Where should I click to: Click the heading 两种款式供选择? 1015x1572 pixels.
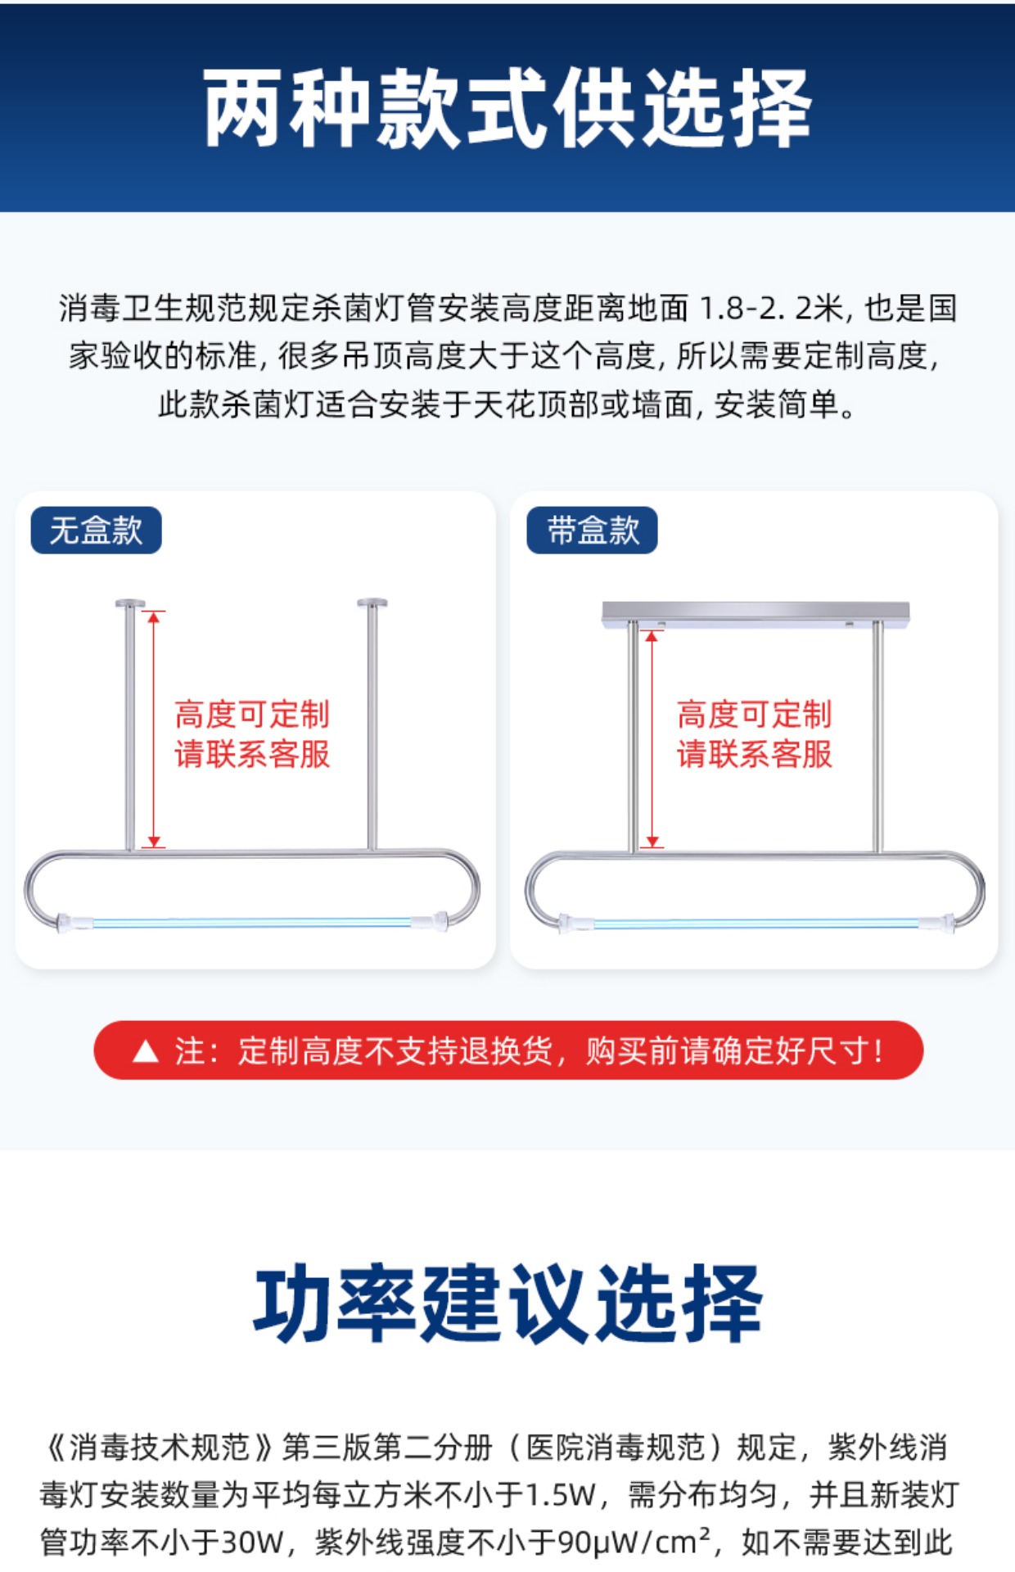click(x=508, y=108)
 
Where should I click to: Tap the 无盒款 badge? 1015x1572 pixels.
click(x=96, y=531)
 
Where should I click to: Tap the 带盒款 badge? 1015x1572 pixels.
click(x=592, y=531)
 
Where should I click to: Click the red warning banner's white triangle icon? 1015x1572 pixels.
click(x=146, y=1050)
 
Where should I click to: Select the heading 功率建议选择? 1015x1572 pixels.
click(x=508, y=1303)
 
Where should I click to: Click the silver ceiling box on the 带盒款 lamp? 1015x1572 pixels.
click(x=756, y=613)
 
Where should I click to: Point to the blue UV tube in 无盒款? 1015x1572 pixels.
click(x=253, y=923)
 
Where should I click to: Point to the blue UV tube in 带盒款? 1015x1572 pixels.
click(x=756, y=924)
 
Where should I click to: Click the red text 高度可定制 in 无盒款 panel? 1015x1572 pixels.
click(x=252, y=714)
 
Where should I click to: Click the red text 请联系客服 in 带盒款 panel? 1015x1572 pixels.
click(x=755, y=754)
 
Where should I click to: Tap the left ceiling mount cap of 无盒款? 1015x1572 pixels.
click(x=129, y=604)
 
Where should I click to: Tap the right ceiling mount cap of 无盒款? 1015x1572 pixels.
click(x=372, y=603)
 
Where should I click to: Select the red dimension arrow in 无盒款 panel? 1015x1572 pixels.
click(x=153, y=729)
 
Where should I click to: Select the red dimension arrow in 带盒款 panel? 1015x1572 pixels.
click(x=652, y=739)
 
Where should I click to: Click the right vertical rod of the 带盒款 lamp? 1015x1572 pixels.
click(x=877, y=737)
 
